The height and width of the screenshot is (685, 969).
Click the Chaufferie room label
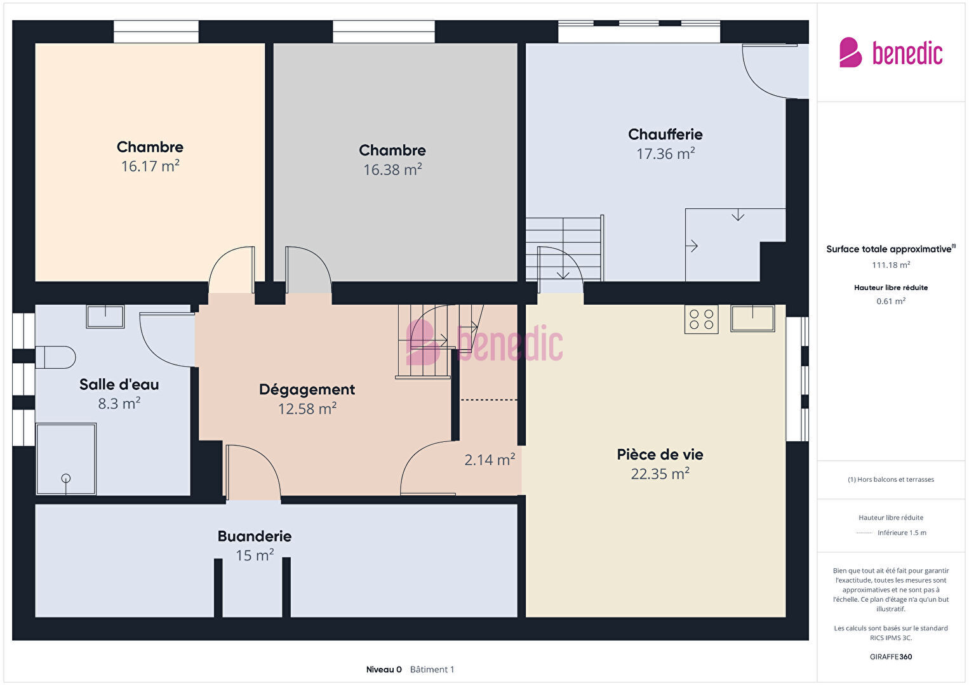[x=665, y=135]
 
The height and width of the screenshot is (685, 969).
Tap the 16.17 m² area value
[x=150, y=166]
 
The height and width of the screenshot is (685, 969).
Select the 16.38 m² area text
[x=392, y=170]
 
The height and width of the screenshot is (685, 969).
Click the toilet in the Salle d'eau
[x=55, y=357]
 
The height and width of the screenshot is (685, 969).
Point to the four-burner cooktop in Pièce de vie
[x=701, y=319]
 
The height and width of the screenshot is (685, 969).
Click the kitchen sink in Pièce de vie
[x=752, y=318]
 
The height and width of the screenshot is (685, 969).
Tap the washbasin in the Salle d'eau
[x=105, y=317]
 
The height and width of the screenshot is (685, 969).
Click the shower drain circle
[x=66, y=478]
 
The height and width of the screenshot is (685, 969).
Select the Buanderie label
[x=255, y=536]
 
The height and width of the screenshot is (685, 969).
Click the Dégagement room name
[x=307, y=390]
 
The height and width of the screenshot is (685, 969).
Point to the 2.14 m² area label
[x=490, y=460]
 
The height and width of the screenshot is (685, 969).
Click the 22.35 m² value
[x=660, y=474]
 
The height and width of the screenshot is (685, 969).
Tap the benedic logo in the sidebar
[x=891, y=52]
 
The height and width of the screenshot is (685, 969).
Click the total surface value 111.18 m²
[x=891, y=265]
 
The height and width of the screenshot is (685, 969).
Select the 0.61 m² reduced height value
[x=891, y=301]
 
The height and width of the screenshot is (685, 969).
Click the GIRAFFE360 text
[x=891, y=656]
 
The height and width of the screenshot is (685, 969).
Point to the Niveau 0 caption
[x=384, y=669]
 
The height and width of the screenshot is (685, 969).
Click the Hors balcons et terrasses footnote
[x=891, y=479]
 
